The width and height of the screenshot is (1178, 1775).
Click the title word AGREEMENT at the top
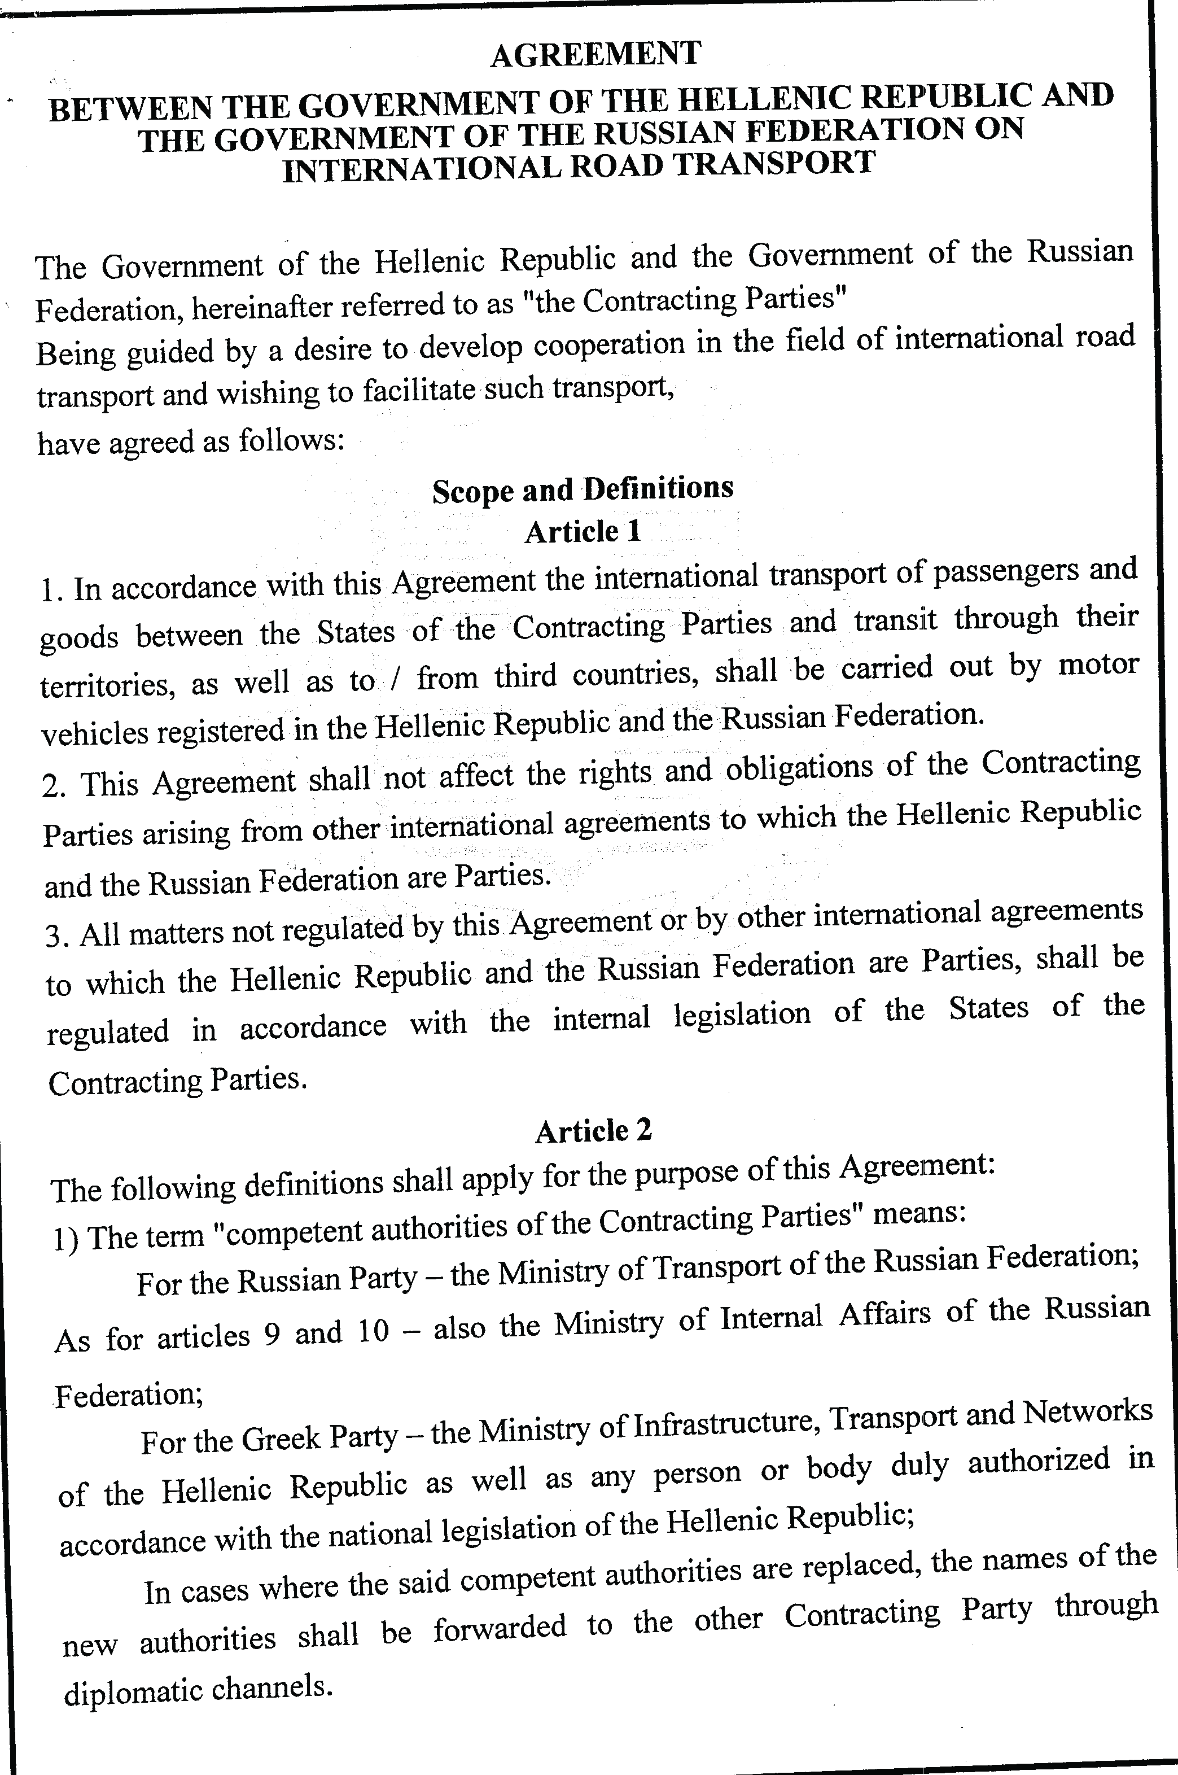click(595, 54)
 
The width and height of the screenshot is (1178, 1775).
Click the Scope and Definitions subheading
click(583, 489)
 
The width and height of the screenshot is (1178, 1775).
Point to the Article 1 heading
click(583, 532)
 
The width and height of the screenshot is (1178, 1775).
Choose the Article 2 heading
click(593, 1130)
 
